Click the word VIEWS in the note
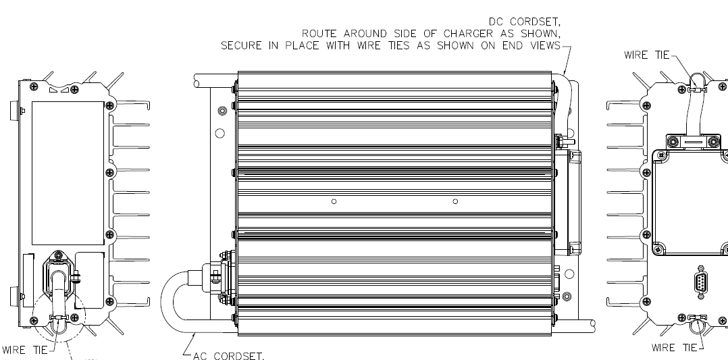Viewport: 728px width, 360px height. click(544, 46)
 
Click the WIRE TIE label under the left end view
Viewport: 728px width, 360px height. click(24, 350)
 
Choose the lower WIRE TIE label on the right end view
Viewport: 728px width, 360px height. click(673, 348)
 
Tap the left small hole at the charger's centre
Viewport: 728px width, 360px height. click(334, 201)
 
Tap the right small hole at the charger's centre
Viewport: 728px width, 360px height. click(455, 201)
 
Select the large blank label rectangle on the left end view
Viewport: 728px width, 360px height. click(69, 173)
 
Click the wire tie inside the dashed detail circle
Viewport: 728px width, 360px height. click(59, 317)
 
